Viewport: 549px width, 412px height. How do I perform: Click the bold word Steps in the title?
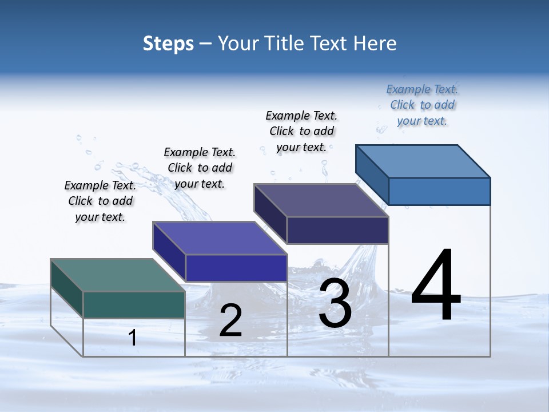(x=168, y=44)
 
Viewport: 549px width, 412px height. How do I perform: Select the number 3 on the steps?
(x=335, y=303)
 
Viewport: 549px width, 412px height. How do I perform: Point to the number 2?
(x=231, y=321)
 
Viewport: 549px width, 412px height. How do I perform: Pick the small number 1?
(x=133, y=338)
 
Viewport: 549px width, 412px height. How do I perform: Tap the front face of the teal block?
(x=134, y=304)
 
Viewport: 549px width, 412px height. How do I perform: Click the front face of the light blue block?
(x=439, y=191)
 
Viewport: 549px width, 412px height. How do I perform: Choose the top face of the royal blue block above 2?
(x=220, y=238)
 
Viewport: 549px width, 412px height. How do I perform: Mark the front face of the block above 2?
(x=236, y=268)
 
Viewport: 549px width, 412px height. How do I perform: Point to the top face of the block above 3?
(x=321, y=200)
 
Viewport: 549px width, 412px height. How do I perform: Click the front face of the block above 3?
(x=337, y=230)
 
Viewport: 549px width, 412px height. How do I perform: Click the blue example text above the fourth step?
(x=422, y=105)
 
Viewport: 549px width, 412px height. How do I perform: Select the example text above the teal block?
(x=100, y=201)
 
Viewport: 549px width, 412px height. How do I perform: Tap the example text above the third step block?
(x=302, y=131)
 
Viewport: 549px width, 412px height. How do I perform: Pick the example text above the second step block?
(x=200, y=168)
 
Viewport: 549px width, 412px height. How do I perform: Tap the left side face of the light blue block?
(x=372, y=174)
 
